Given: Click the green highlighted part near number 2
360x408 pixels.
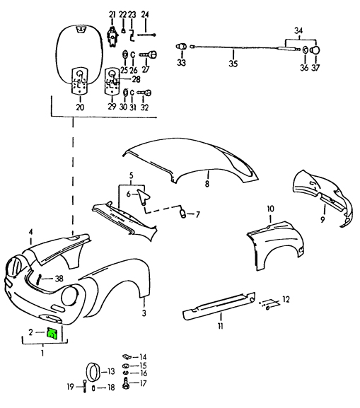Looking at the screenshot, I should point(53,334).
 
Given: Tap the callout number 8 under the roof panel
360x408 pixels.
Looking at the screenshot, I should point(207,184).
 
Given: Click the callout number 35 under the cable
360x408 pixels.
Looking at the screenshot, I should point(233,63).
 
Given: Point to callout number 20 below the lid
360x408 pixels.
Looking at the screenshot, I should point(80,107).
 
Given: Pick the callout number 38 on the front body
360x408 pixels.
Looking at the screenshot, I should point(59,278).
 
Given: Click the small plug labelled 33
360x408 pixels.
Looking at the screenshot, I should point(180,47).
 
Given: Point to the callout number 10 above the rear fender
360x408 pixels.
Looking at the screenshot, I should point(270,209).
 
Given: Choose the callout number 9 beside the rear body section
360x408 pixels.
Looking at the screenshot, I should point(323,220).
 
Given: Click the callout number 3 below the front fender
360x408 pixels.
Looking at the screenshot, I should point(144,312).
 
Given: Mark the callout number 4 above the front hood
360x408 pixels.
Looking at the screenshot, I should point(30,232).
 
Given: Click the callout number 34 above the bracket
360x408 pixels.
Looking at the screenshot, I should point(298,30).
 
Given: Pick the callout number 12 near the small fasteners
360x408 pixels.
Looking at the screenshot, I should point(286,300).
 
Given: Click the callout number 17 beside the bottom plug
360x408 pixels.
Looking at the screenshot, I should point(143,383).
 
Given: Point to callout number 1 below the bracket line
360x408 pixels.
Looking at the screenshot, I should point(41,351).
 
